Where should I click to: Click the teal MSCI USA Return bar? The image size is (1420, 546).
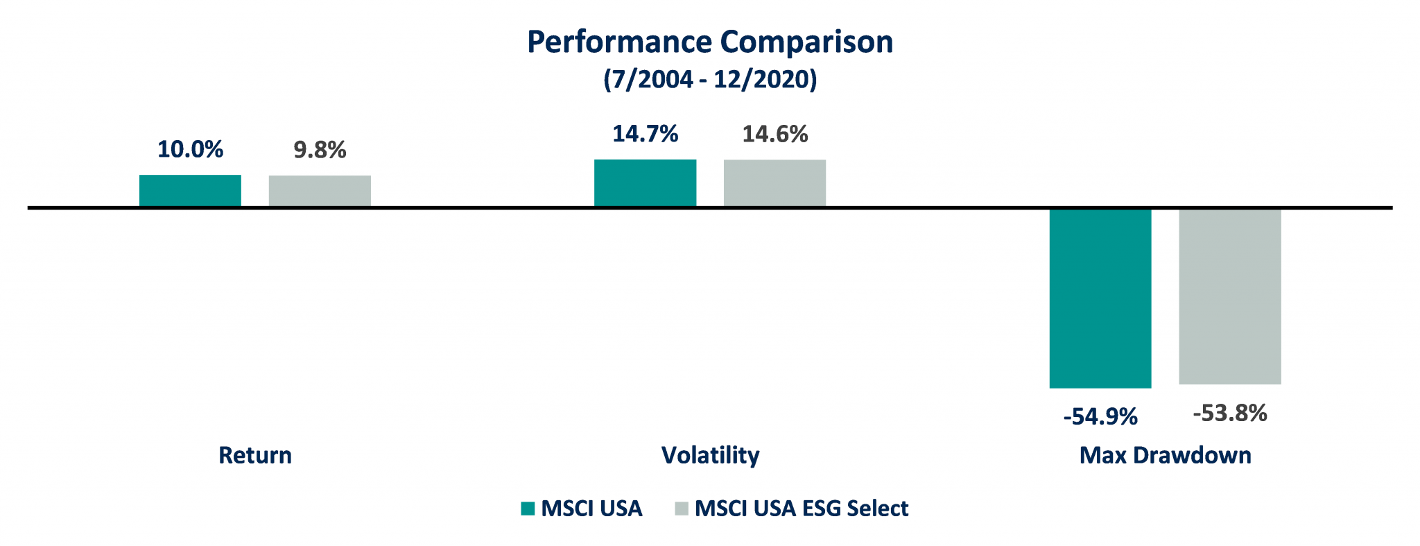[190, 191]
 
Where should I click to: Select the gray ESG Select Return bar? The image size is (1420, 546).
[320, 191]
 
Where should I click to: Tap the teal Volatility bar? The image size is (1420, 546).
[645, 183]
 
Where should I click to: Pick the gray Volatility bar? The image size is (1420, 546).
[774, 183]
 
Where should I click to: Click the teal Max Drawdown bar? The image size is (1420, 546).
[1100, 298]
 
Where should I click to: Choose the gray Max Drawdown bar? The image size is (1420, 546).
[1230, 296]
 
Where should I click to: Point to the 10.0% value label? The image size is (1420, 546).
[190, 150]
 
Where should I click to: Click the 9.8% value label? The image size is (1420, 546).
[320, 150]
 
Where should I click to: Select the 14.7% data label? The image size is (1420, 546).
[645, 134]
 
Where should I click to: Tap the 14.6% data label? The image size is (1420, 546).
[774, 134]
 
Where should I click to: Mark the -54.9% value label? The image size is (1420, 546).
[1100, 417]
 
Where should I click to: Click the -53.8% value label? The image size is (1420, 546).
[1230, 413]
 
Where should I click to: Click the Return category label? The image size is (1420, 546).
[255, 455]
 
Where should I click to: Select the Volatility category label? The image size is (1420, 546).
[710, 455]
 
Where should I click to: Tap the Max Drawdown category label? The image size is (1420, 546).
[1166, 455]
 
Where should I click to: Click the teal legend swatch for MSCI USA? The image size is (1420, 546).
[528, 509]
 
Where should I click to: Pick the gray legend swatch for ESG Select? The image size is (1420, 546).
[682, 509]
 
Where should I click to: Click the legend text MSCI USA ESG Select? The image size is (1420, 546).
[801, 509]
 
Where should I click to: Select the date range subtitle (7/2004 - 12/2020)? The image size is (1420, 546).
[710, 79]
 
